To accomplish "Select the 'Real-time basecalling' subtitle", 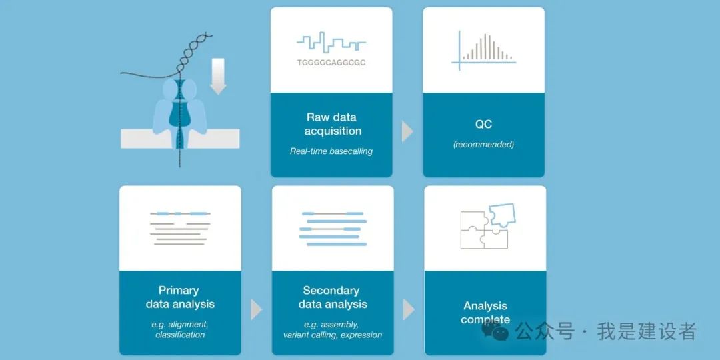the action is pos(331,151).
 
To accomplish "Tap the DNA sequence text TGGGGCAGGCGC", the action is pos(331,63).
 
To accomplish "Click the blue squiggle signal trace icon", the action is pos(331,42).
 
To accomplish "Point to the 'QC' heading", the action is pos(483,125).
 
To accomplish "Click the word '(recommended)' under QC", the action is pos(483,145).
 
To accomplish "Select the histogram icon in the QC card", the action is pos(483,51).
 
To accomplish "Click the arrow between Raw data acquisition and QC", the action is pos(407,131).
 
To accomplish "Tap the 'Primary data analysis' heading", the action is pos(180,297).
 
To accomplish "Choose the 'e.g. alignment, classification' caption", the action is pos(180,329).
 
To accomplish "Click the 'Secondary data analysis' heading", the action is pos(333,297).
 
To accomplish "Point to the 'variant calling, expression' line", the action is pos(333,335).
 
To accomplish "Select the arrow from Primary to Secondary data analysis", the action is pos(256,310).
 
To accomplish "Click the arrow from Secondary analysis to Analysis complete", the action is pos(409,310).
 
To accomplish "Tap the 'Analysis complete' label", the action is pos(485,312).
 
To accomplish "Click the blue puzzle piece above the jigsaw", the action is pos(501,215).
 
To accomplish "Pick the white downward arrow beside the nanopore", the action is pos(218,77).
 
